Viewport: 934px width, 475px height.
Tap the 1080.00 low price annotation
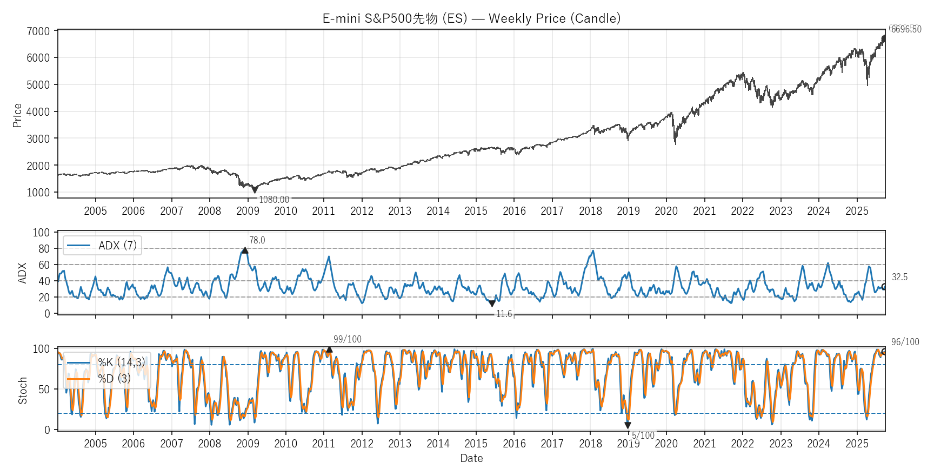coord(274,200)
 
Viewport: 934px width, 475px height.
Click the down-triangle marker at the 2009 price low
coord(255,190)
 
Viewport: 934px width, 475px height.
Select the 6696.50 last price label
coord(906,29)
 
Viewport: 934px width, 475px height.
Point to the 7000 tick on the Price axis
coord(38,31)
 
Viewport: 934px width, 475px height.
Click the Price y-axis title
coord(17,115)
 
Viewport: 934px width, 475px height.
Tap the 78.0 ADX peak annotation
coord(257,240)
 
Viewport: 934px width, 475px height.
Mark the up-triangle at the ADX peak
coord(245,250)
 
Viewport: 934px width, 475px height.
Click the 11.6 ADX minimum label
coord(504,314)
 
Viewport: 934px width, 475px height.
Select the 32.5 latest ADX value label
coord(900,277)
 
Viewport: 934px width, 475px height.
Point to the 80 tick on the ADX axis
coord(44,249)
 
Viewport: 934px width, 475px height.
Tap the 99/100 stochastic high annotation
coord(348,339)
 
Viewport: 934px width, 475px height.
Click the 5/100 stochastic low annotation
coord(643,436)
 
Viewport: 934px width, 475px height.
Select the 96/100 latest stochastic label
coord(905,342)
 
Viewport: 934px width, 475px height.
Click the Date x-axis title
coord(471,458)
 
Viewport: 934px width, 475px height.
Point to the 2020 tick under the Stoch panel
coord(666,444)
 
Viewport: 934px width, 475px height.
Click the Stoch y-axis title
coord(23,391)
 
